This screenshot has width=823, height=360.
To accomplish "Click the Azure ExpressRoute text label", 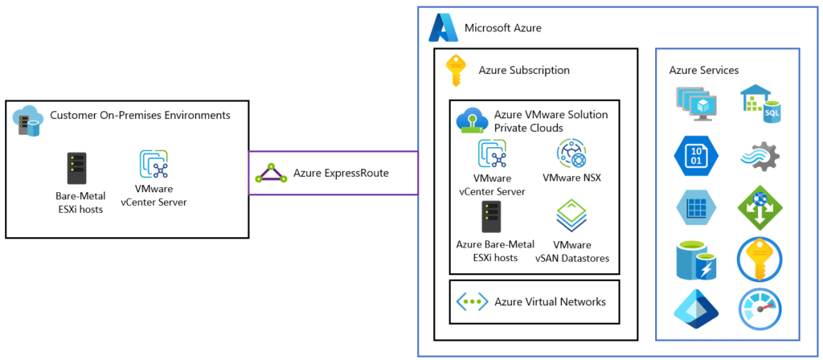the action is point(341,173).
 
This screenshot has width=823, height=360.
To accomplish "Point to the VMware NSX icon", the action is point(571,153).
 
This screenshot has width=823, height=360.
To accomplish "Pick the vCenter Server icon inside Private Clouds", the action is point(493,153).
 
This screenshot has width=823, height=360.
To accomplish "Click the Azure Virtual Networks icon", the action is point(473,302).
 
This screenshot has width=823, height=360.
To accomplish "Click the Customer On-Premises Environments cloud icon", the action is point(27,121).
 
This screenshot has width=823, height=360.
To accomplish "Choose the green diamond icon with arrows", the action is point(760,208).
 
